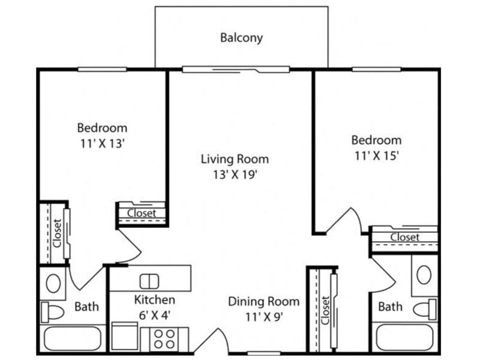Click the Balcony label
pos(241,38)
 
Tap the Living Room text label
pos(235,159)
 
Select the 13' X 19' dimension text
pos(235,175)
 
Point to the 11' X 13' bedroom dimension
pos(102,144)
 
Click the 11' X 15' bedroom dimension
pos(376,156)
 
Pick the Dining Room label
pos(263,301)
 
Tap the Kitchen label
pos(155,299)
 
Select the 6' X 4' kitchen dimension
pos(155,316)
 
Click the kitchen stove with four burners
pos(164,340)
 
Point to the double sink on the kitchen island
pos(149,281)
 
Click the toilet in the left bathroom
pos(53,312)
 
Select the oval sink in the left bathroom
pos(53,283)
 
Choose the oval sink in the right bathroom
pos(424,275)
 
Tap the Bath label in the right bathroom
pos(390,307)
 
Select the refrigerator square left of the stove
pos(125,336)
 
